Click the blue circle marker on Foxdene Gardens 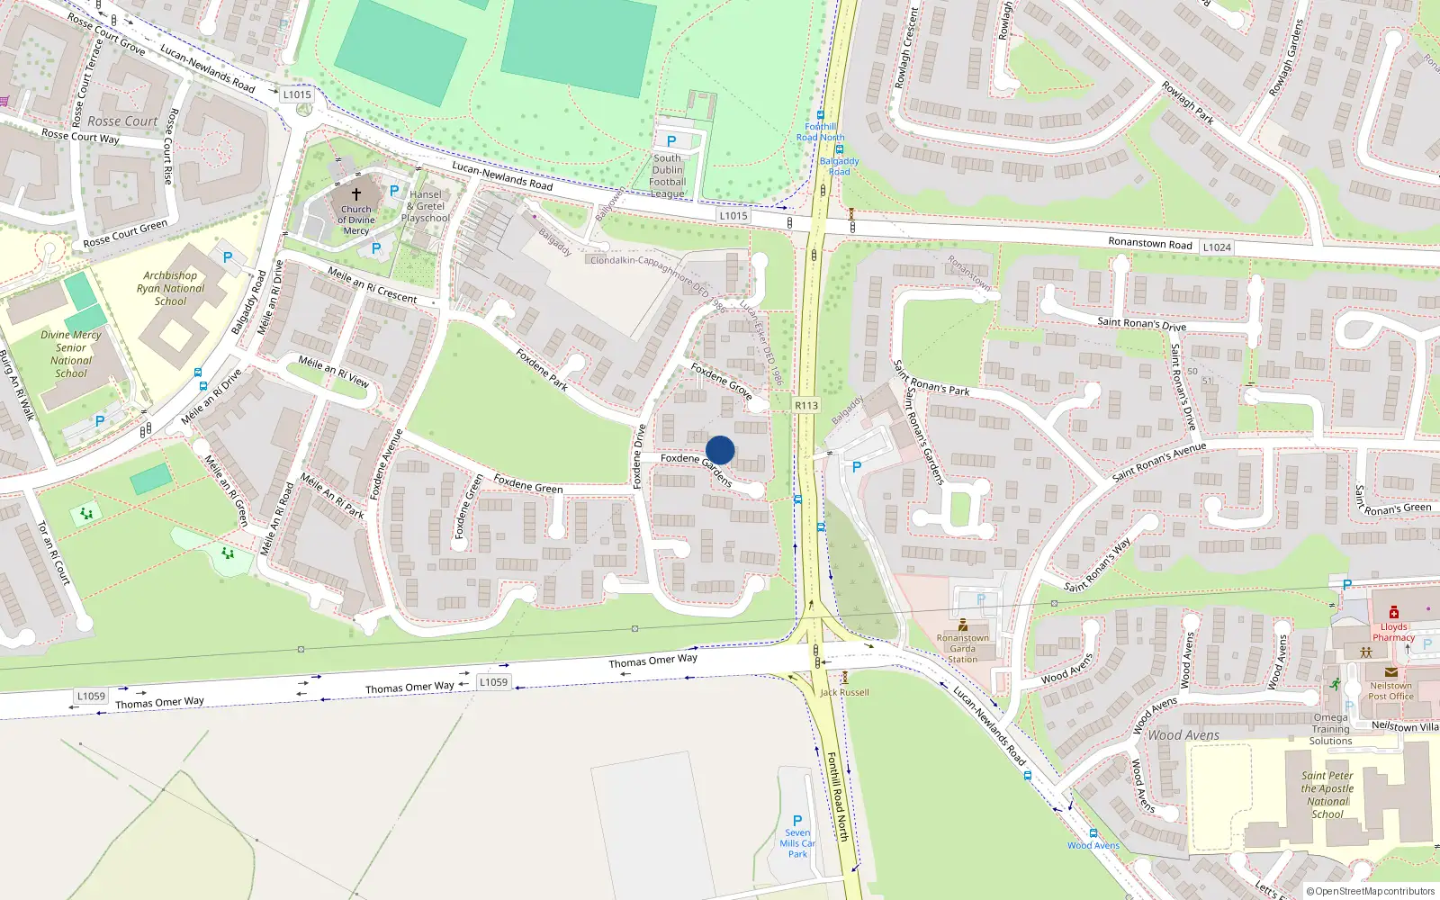tap(720, 450)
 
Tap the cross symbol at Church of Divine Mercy tap(356, 194)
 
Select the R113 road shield tap(806, 406)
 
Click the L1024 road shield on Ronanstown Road tap(1217, 247)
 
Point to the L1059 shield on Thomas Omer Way tap(493, 682)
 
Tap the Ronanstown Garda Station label tap(962, 648)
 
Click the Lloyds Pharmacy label tap(1393, 632)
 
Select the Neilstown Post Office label tap(1390, 690)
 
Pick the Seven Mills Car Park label tap(797, 843)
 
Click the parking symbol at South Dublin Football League tap(671, 141)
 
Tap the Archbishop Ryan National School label tap(170, 289)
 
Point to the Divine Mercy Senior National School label tap(71, 354)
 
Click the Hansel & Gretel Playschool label tap(426, 206)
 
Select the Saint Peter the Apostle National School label tap(1327, 795)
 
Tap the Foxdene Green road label tap(528, 484)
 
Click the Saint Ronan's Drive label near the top tap(1141, 323)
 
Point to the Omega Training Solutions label tap(1330, 729)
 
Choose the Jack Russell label tap(844, 692)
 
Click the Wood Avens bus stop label tap(1093, 845)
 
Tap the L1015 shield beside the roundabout tap(297, 94)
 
